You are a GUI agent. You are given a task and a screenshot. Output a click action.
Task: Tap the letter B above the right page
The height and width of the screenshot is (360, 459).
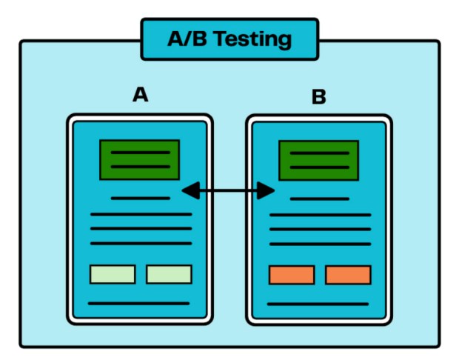pos(318,97)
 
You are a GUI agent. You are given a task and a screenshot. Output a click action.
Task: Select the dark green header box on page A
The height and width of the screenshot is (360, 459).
pos(140,159)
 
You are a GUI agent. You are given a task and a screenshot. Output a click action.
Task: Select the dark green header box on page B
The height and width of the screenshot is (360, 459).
pos(318,160)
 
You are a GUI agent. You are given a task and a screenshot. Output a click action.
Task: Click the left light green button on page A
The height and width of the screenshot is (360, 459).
pos(113,274)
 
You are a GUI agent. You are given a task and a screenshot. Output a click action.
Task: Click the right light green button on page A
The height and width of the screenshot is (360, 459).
pos(169,274)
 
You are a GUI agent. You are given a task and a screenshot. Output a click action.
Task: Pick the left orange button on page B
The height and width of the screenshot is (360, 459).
pos(292,275)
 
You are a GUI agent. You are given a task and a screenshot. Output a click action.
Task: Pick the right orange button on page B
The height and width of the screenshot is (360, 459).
pos(348,275)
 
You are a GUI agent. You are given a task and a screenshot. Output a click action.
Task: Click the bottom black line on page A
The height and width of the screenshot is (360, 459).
pos(139,303)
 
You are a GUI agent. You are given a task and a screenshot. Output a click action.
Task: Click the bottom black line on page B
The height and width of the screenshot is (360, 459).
pos(318,304)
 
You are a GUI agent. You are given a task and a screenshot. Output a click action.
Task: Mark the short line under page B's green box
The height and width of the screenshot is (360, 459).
pos(319,199)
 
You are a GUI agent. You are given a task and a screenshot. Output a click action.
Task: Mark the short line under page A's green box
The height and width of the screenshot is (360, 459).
pos(140,198)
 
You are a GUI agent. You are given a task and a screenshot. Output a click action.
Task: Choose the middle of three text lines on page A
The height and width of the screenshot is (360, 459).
pos(141,228)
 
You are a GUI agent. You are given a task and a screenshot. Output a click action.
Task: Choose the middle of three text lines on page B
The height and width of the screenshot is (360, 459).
pos(320,229)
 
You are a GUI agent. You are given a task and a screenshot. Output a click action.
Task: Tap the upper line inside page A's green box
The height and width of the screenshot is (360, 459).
pos(140,153)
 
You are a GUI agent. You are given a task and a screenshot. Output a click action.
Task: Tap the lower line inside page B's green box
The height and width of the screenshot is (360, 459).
pos(319,167)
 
